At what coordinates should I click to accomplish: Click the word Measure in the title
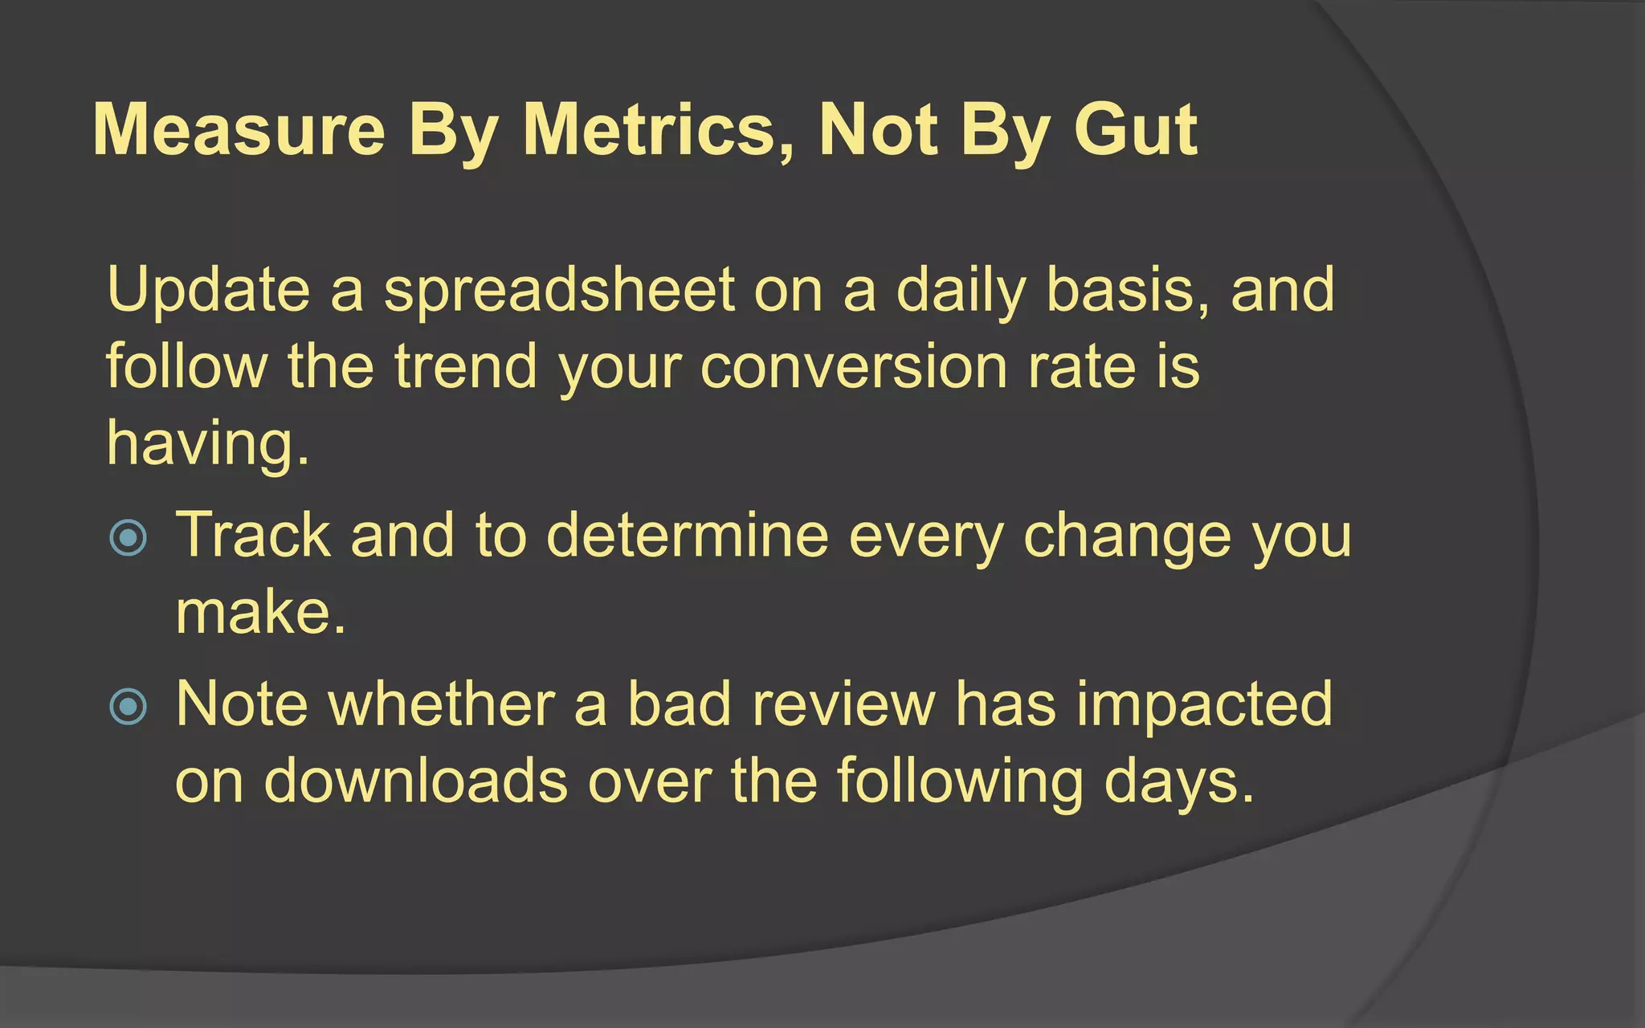click(x=239, y=130)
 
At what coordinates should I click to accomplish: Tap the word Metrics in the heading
click(x=658, y=130)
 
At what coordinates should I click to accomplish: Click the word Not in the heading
click(x=878, y=130)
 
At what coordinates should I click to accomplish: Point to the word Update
click(x=208, y=291)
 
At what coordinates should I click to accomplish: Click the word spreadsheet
click(x=559, y=291)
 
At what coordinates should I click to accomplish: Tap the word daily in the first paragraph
click(x=961, y=291)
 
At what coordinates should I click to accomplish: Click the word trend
click(x=465, y=366)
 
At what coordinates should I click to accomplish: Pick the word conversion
click(x=854, y=366)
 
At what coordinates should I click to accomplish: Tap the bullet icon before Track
click(x=129, y=537)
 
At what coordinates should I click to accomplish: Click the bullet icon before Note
click(x=129, y=707)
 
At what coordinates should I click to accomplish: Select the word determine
click(x=687, y=536)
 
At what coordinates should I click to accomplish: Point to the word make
click(x=259, y=613)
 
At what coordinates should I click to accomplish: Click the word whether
click(x=442, y=704)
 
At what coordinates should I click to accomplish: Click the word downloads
click(x=415, y=781)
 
